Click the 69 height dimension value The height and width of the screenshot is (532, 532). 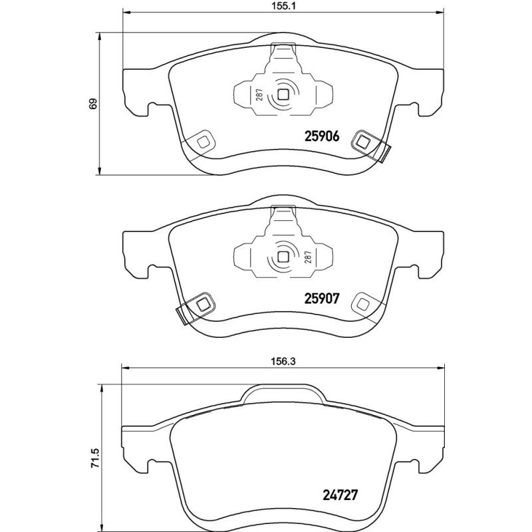pos(94,103)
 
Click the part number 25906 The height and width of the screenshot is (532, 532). pos(322,136)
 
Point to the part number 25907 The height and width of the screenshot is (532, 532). pos(322,299)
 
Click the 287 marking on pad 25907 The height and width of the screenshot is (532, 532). pos(309,258)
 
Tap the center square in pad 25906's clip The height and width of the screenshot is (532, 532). pos(283,94)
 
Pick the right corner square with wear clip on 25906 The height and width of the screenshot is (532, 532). pos(364,140)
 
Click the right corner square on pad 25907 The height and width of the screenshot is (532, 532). pos(364,303)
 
